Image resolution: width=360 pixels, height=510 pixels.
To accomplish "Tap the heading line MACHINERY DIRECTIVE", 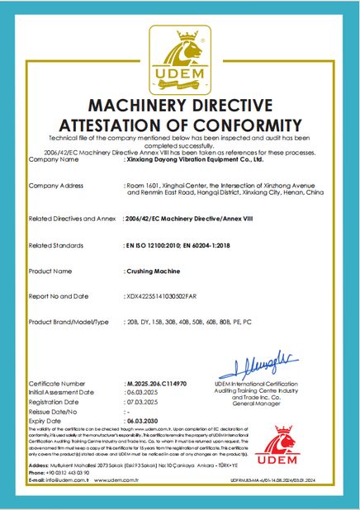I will click(180, 106).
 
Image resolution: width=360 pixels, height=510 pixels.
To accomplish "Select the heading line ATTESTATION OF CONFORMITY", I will click(180, 125).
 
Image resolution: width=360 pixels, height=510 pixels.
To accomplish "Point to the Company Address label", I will click(56, 186).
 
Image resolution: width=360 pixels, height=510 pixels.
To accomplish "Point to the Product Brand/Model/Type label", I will click(69, 320).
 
